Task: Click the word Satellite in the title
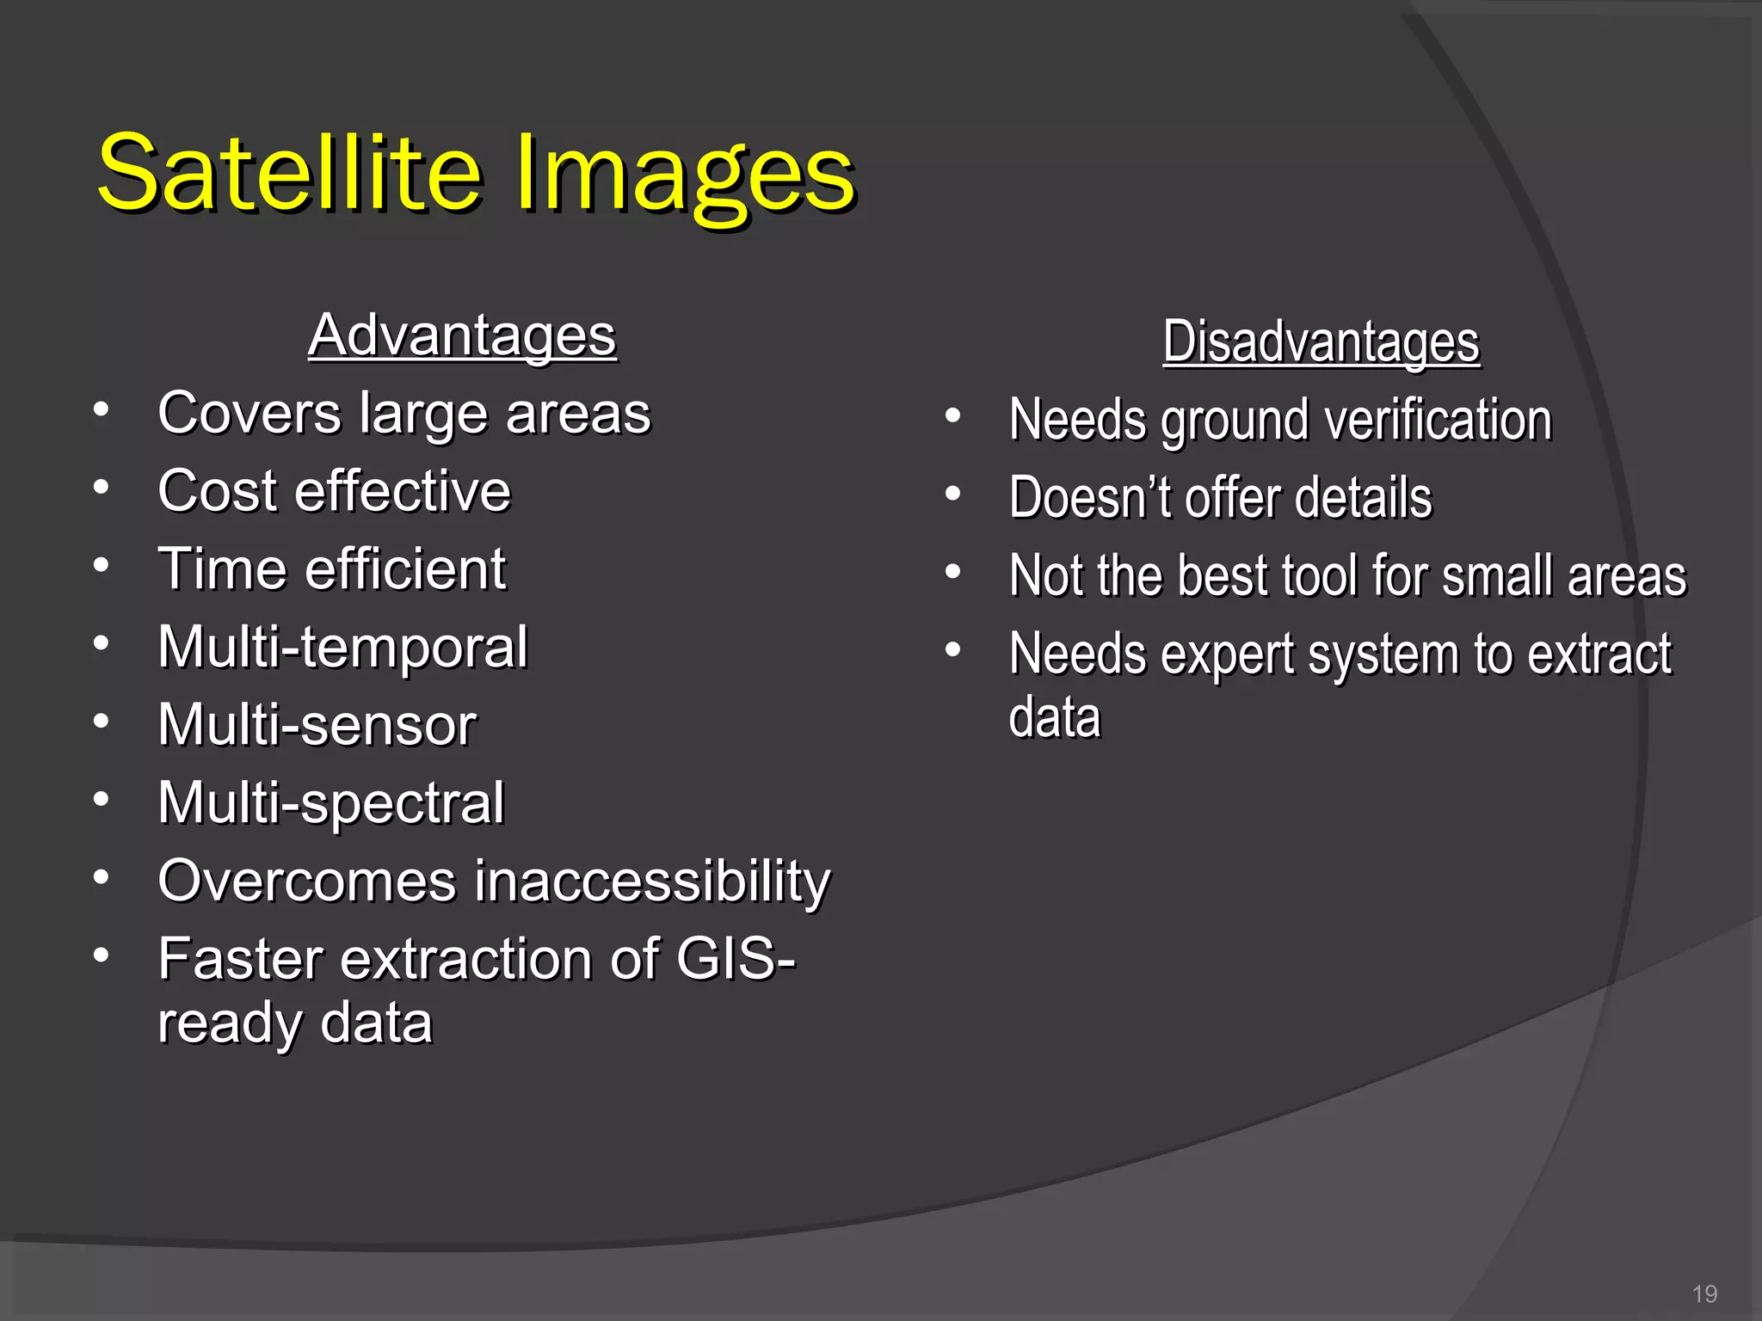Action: tap(288, 175)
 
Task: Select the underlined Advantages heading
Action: tap(463, 335)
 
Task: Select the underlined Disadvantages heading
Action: tap(1321, 342)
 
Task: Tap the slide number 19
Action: tap(1704, 1293)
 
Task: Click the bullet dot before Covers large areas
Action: tap(102, 410)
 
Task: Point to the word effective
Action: tap(405, 492)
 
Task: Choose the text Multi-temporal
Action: tap(342, 648)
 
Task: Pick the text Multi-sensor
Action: tap(317, 725)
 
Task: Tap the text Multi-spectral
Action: tap(331, 803)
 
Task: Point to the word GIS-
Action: tap(736, 959)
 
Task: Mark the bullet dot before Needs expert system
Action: tap(952, 650)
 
